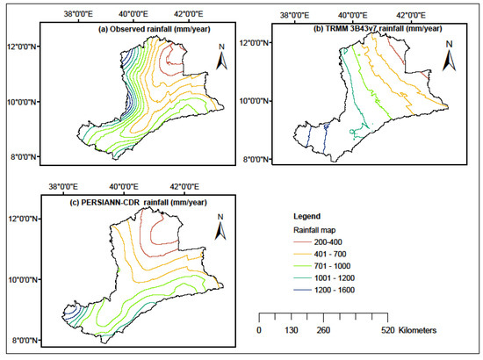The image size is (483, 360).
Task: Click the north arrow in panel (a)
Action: (x=223, y=60)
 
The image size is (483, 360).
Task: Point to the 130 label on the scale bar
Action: (x=292, y=331)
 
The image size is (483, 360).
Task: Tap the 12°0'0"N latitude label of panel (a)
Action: (x=23, y=45)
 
